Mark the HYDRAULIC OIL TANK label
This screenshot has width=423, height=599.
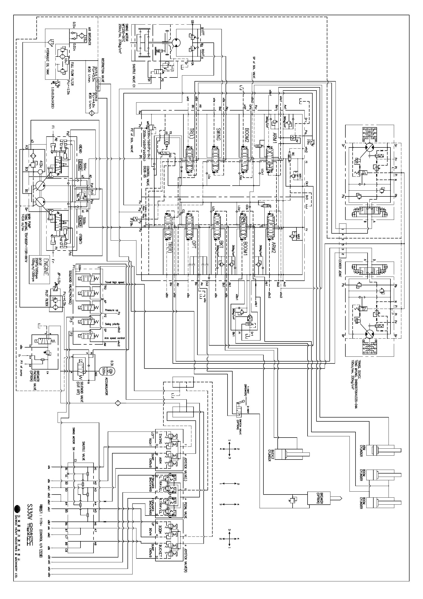tap(47, 62)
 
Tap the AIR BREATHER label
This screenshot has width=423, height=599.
tap(89, 36)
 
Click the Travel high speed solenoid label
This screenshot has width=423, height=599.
tap(114, 283)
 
